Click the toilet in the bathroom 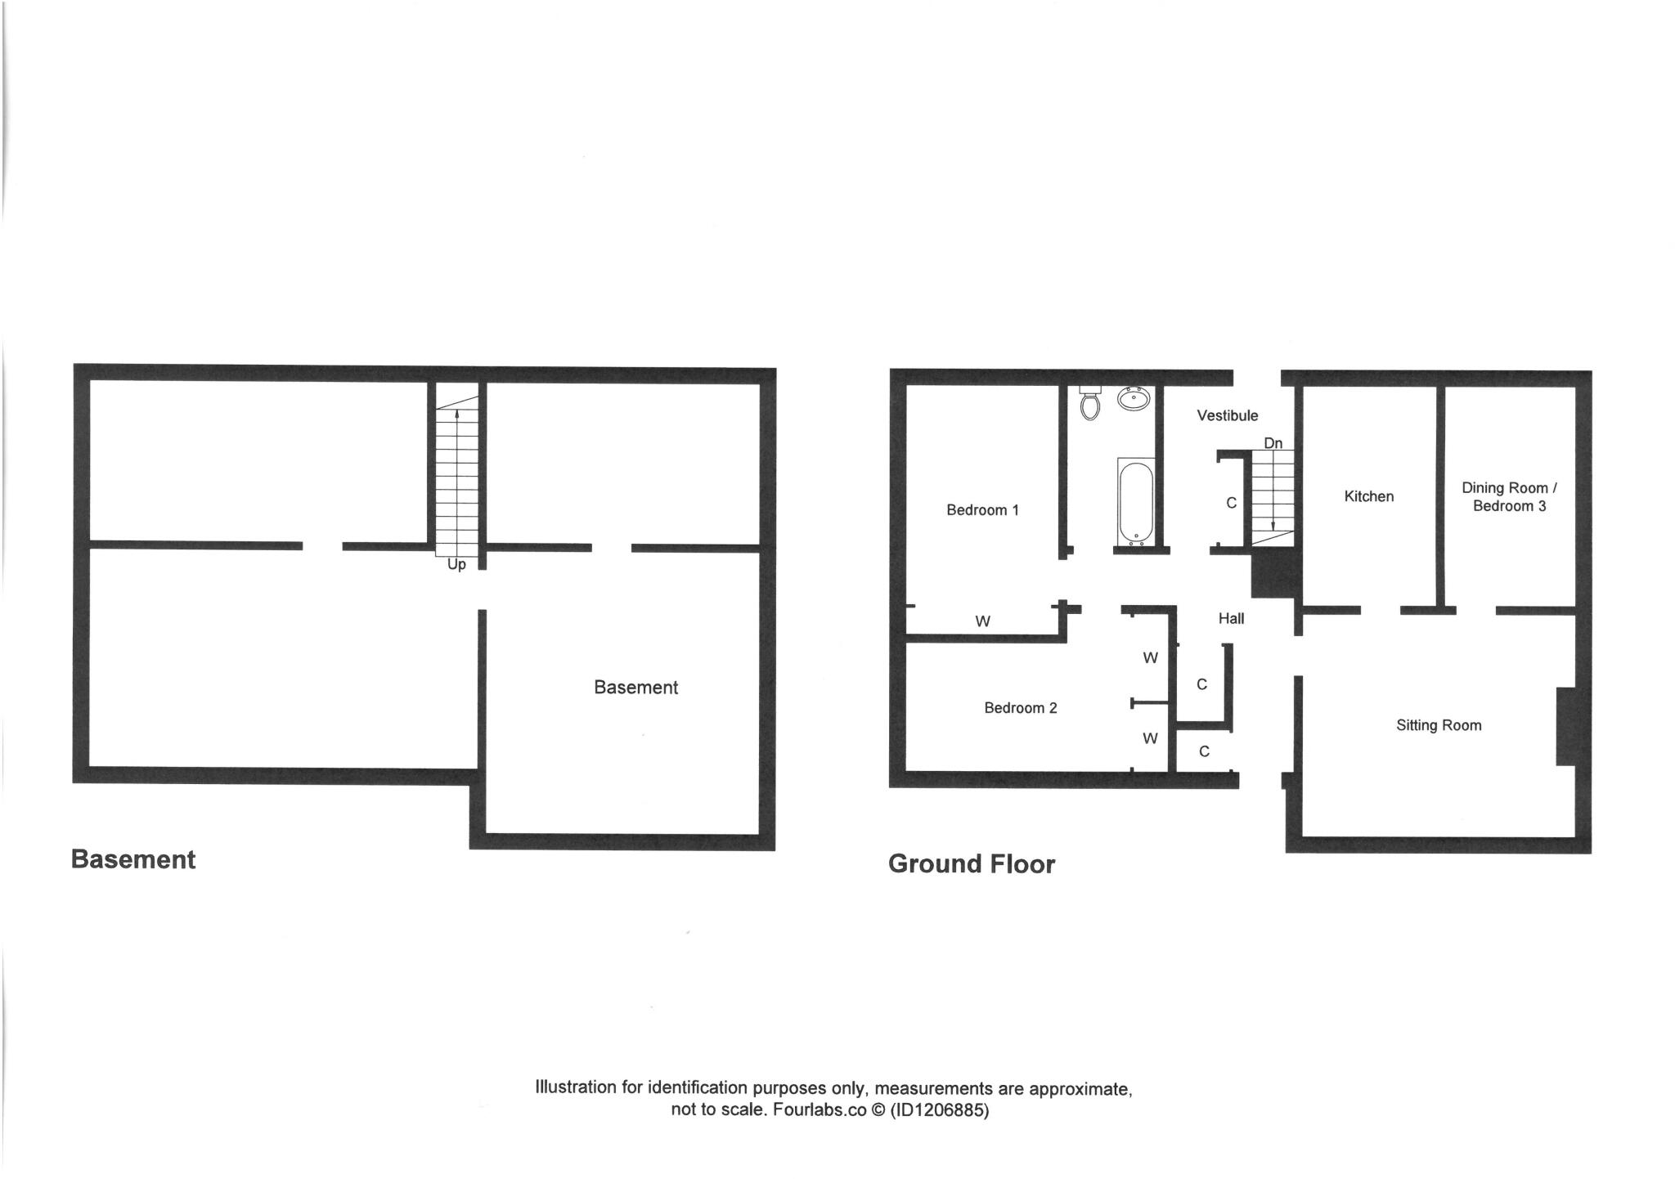(x=1089, y=403)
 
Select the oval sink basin (x=1134, y=399)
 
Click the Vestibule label (x=1227, y=415)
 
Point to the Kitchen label (x=1368, y=496)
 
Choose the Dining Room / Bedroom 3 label (x=1509, y=497)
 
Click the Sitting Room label (x=1439, y=725)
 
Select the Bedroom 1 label (x=982, y=510)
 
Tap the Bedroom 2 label (x=1020, y=708)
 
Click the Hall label (x=1231, y=619)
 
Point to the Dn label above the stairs (x=1273, y=443)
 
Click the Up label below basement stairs (x=456, y=564)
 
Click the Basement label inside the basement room (x=635, y=688)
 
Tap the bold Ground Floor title (x=971, y=864)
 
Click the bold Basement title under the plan (x=133, y=859)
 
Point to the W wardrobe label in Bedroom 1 (x=982, y=621)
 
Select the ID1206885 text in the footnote (x=941, y=1110)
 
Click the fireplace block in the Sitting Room (x=1565, y=726)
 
